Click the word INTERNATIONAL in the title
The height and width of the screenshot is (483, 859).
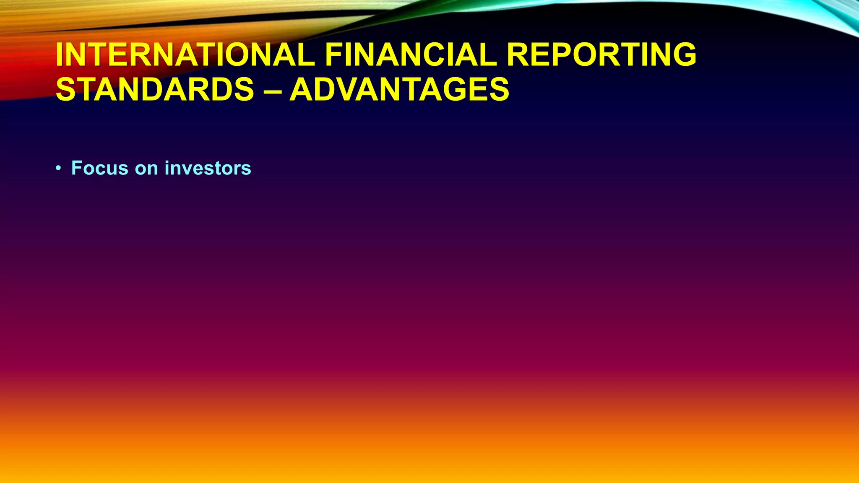pyautogui.click(x=185, y=55)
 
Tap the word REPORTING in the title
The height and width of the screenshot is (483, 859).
pyautogui.click(x=601, y=55)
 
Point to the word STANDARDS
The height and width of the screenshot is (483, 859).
pyautogui.click(x=155, y=89)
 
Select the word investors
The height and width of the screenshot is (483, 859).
pyautogui.click(x=208, y=168)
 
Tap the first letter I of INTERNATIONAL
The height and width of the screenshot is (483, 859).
pyautogui.click(x=60, y=55)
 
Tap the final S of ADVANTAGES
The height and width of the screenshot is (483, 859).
pyautogui.click(x=498, y=89)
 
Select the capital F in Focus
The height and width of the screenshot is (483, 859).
pyautogui.click(x=76, y=168)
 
